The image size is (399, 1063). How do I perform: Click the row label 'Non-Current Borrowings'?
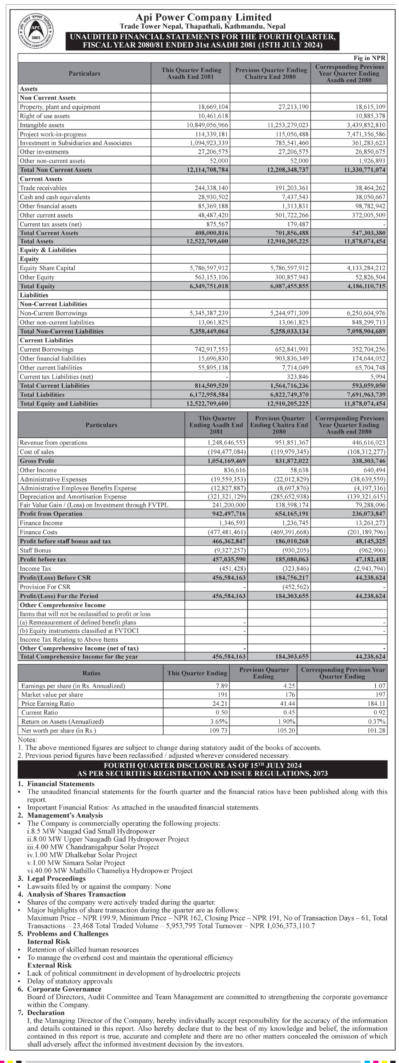(x=54, y=313)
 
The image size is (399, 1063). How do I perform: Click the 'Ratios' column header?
(x=91, y=673)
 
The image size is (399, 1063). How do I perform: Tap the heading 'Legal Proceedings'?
(x=57, y=878)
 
